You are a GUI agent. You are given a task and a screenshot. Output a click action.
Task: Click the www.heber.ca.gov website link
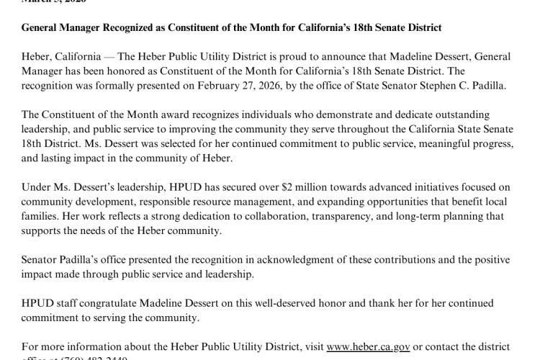tap(368, 346)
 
